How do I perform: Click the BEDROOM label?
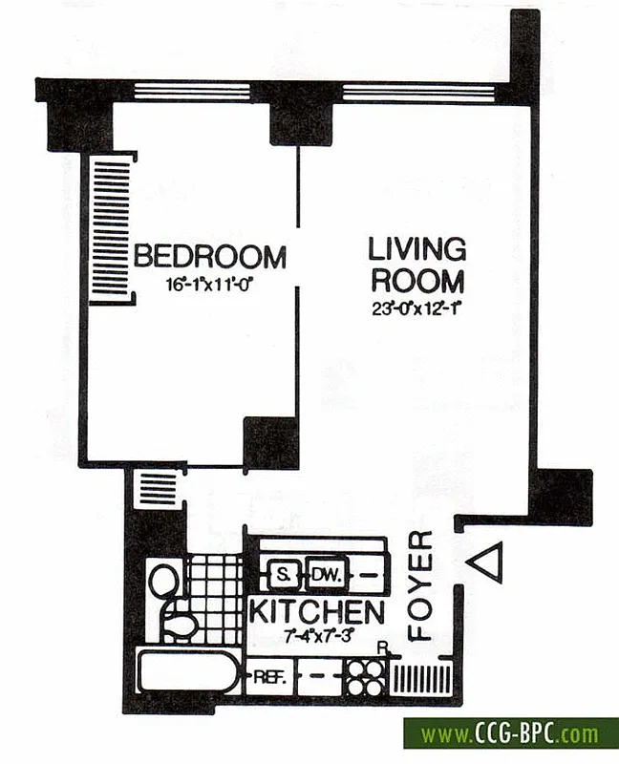tap(209, 257)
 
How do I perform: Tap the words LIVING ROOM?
tap(417, 265)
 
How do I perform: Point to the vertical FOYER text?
tap(421, 584)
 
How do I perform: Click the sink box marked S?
tap(283, 575)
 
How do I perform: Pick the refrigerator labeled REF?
tap(265, 680)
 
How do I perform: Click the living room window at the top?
tap(417, 92)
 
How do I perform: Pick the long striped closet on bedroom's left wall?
tap(110, 229)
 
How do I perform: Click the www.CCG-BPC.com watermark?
tap(510, 734)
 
